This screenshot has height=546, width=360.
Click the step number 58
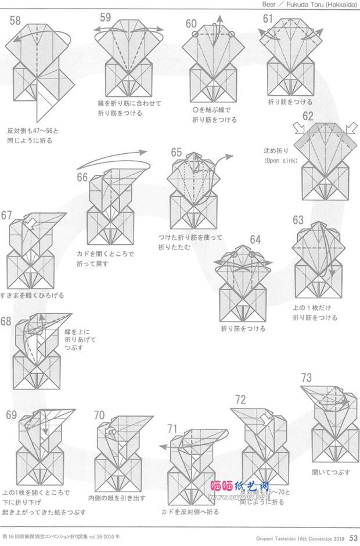(x=15, y=21)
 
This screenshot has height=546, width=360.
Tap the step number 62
(x=307, y=115)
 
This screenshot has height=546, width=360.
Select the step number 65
(x=177, y=152)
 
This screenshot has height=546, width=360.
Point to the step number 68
(x=6, y=321)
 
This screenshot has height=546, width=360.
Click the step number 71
(x=172, y=429)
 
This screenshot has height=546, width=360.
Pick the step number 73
(x=307, y=377)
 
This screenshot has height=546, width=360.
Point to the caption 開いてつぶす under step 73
(x=331, y=472)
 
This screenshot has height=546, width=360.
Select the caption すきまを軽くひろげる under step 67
(x=33, y=295)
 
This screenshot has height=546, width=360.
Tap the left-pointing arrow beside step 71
(x=164, y=447)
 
